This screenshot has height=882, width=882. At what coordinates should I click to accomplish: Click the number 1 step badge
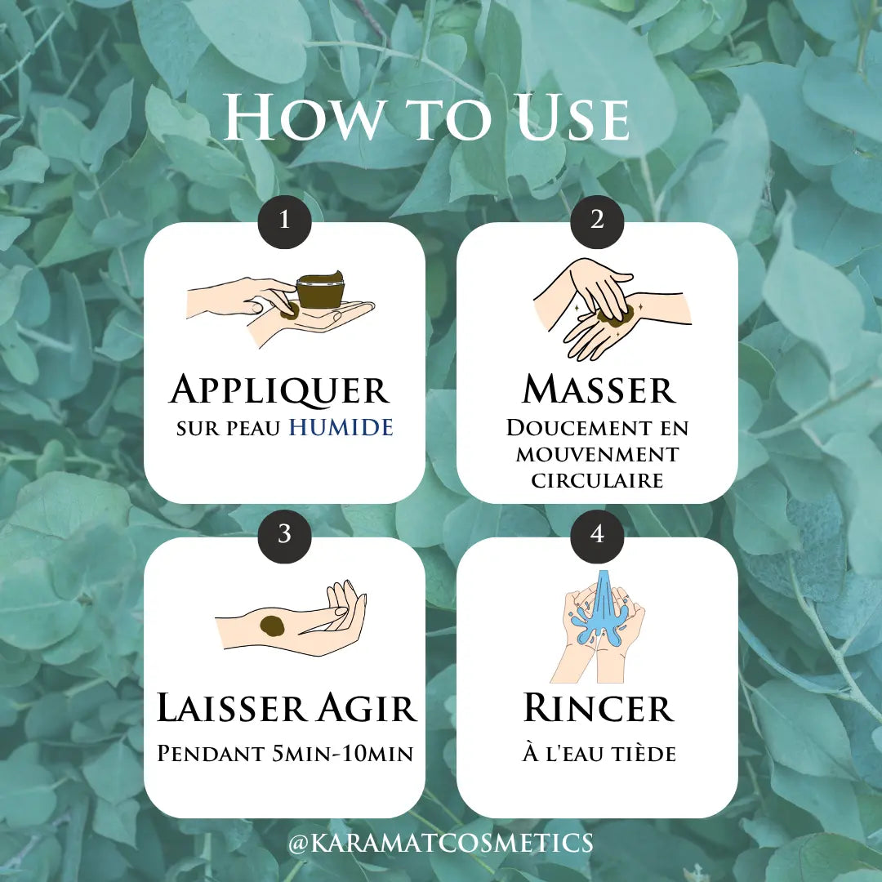point(285,220)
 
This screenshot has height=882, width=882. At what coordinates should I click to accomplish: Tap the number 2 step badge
point(597,220)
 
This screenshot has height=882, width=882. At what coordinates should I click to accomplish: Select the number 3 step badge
point(285,534)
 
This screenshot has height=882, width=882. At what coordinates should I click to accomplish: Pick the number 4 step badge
point(597,534)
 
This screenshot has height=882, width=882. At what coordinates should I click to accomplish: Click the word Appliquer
point(279,390)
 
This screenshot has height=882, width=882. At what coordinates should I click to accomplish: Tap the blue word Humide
point(341,427)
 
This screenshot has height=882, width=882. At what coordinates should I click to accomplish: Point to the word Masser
point(599,389)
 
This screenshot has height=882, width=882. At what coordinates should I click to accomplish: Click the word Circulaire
point(597,480)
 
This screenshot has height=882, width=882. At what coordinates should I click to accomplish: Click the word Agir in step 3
point(367,707)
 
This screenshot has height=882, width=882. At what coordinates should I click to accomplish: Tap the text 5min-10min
point(342,753)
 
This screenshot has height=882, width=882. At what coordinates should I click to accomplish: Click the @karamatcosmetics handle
point(441,843)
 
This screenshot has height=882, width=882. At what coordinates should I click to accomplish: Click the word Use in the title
point(572,118)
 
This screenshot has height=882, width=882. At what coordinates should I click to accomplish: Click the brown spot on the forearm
point(273,626)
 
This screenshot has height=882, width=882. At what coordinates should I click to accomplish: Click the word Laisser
point(233,707)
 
